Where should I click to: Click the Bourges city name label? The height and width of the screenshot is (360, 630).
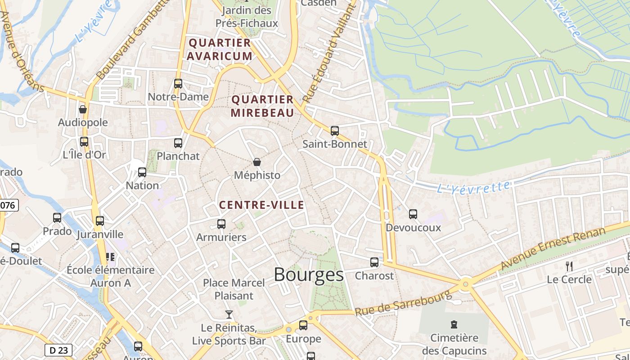click(308, 274)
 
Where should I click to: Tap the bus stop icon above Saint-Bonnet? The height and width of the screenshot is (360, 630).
click(334, 131)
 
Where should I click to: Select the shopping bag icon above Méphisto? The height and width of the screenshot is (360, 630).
click(257, 162)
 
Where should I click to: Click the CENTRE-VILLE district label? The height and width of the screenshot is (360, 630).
click(261, 205)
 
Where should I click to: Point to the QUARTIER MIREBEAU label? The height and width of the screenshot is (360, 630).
click(262, 106)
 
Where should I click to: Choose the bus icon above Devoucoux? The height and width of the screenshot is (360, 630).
click(413, 214)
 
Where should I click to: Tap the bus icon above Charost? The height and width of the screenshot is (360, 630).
click(374, 262)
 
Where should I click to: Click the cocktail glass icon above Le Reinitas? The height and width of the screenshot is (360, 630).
click(229, 314)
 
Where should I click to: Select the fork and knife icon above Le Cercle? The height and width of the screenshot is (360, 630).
click(569, 266)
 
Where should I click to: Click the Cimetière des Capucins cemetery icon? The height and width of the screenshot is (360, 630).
click(454, 324)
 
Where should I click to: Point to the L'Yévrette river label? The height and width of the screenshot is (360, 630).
click(474, 187)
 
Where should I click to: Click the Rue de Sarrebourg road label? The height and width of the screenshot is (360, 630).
click(403, 304)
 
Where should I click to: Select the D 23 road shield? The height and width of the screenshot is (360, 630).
click(58, 350)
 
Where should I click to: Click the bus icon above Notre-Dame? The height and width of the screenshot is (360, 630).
click(178, 83)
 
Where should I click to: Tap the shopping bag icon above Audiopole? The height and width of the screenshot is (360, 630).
click(83, 109)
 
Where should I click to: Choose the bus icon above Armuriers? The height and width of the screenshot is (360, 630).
click(221, 224)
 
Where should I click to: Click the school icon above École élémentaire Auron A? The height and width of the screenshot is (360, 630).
click(110, 256)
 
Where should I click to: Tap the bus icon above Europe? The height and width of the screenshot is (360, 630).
click(303, 325)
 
